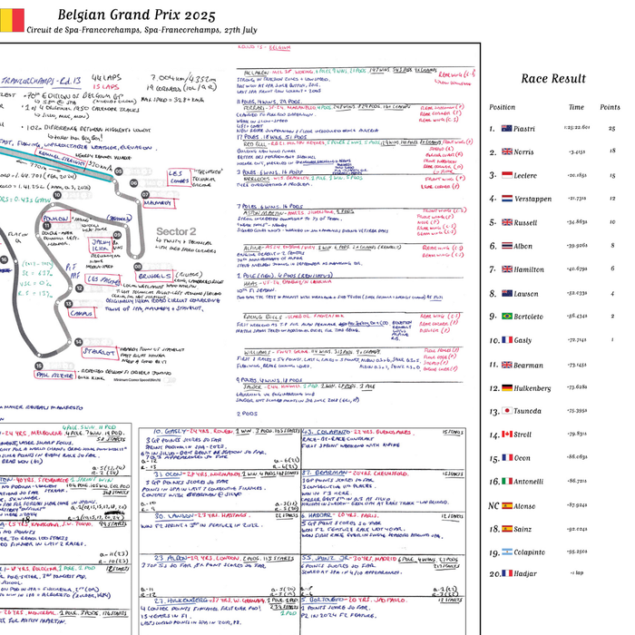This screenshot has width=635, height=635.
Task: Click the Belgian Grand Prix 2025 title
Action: pyautogui.click(x=136, y=15)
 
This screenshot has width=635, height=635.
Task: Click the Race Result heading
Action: pyautogui.click(x=552, y=79)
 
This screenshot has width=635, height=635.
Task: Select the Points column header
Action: pyautogui.click(x=610, y=107)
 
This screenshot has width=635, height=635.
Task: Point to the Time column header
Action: pyautogui.click(x=576, y=107)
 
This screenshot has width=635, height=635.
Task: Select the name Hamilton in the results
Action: pyautogui.click(x=529, y=269)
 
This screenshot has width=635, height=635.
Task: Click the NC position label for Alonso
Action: pyautogui.click(x=493, y=505)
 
